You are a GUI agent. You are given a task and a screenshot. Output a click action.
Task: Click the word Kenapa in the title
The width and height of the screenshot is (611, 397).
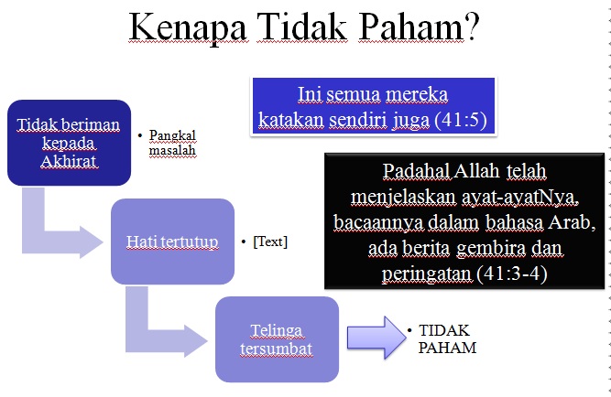188,28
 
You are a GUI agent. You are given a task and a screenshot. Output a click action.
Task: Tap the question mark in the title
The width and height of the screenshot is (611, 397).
472,27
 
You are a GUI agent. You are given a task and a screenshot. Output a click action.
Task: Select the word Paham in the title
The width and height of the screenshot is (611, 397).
411,27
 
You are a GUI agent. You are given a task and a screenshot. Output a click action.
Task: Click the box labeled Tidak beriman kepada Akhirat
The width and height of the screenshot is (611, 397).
69,143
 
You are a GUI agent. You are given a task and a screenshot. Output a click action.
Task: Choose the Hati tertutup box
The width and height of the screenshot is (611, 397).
172,241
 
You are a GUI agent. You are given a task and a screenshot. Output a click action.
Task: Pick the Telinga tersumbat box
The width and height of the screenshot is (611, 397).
277,339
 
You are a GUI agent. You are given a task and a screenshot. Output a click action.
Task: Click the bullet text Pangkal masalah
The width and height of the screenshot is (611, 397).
172,143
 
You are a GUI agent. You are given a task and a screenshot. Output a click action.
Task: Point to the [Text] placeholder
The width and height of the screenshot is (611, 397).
270,241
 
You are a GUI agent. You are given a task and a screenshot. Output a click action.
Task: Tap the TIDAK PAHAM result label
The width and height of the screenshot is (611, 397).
447,338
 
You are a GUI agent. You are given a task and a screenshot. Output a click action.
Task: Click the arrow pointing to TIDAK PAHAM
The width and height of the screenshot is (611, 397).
376,338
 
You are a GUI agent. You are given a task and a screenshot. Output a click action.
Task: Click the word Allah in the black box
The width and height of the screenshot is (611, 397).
476,170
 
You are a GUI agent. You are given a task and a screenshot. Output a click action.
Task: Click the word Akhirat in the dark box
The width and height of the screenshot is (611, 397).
69,161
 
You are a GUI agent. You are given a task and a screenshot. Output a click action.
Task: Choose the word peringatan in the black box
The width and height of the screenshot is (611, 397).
427,274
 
